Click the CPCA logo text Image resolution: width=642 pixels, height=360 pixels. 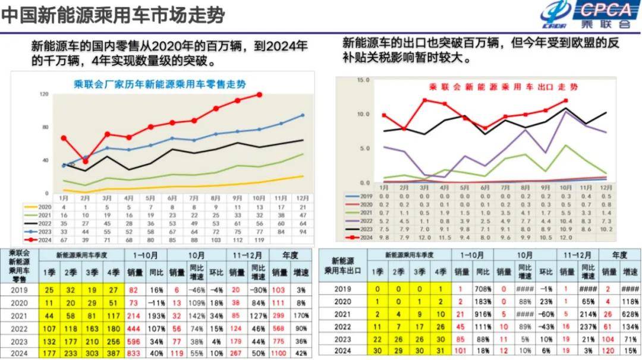[x=606, y=10]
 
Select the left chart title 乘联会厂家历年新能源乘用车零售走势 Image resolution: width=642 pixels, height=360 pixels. [x=160, y=84]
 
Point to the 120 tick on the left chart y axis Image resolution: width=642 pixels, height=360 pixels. [x=44, y=94]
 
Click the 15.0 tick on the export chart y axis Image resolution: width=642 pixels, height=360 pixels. [x=364, y=80]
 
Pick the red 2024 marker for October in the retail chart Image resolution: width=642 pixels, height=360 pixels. [x=259, y=94]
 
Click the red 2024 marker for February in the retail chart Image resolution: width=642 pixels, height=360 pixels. [x=86, y=161]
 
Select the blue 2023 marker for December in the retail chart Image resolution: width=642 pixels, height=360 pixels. [x=303, y=115]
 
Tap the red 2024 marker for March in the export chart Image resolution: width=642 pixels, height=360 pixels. [x=424, y=100]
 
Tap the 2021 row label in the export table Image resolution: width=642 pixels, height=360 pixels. [x=342, y=314]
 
